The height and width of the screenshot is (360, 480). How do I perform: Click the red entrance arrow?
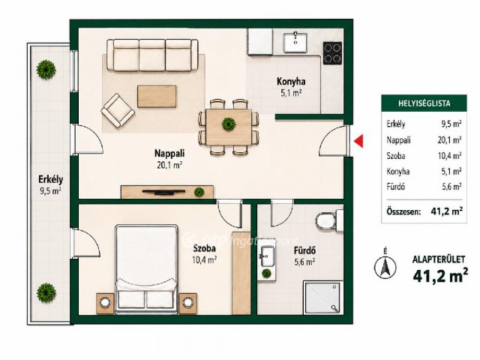359,141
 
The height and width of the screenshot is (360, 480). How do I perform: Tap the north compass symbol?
385,266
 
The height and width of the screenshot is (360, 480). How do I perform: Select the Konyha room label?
291,82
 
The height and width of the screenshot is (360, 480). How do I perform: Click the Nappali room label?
169,153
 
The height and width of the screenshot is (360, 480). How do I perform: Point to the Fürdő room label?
305,250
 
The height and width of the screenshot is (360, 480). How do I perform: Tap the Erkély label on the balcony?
51,179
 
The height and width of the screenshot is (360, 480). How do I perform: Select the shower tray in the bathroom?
322,298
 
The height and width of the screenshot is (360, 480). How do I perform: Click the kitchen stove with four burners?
332,53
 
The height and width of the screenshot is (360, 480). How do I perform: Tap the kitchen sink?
295,42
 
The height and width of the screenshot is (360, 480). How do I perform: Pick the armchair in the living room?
118,110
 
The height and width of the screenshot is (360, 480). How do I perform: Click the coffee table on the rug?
157,97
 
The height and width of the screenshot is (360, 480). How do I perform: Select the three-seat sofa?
152,55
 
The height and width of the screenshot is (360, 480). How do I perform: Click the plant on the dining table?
229,124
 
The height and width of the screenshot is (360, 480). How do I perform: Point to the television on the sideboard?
163,192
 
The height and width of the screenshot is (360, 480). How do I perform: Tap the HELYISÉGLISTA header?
424,103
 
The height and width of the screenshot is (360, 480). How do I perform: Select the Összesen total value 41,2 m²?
446,211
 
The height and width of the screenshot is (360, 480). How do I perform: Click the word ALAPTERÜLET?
439,259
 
